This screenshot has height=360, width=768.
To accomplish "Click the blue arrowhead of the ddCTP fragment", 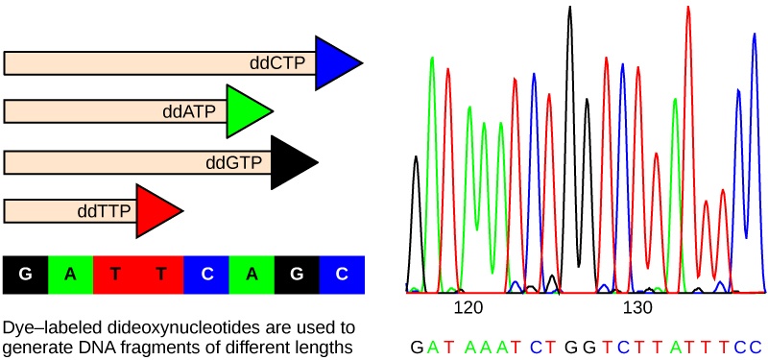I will [336, 63].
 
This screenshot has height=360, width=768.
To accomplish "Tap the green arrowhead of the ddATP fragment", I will [247, 111].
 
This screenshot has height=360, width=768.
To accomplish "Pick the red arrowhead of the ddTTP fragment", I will [156, 211].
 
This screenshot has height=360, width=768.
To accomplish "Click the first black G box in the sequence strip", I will [26, 275].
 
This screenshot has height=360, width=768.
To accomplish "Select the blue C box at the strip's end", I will [342, 275].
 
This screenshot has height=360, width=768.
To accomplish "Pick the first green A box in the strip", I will [71, 275].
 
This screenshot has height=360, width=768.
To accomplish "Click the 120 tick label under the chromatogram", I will [468, 308].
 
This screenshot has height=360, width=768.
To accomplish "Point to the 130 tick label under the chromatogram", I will [638, 308].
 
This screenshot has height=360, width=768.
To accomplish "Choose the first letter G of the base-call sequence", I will [416, 346].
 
